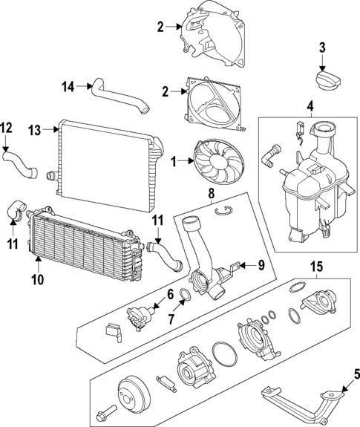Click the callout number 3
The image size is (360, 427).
[x=322, y=48]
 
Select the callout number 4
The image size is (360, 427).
[x=311, y=105]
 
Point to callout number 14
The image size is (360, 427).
[x=68, y=86]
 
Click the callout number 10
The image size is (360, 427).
[x=37, y=280]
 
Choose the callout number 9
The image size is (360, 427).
[x=261, y=265]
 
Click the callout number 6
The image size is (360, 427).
[x=169, y=294]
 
